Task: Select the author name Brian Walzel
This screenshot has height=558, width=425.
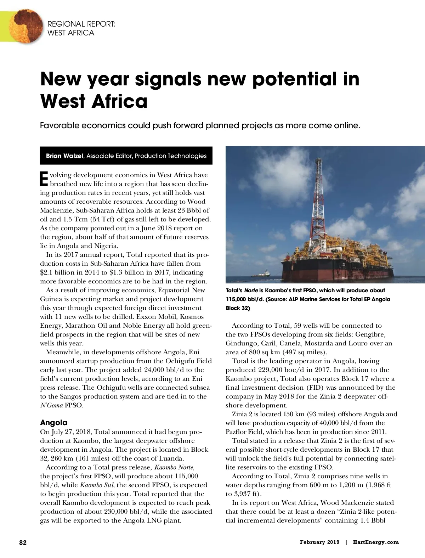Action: tap(64, 156)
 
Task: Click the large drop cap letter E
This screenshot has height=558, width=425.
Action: tap(44, 179)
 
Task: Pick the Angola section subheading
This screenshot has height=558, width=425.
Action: tap(53, 423)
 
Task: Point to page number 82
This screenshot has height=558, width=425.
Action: tap(23, 542)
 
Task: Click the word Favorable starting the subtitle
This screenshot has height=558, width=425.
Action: tap(58, 126)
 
